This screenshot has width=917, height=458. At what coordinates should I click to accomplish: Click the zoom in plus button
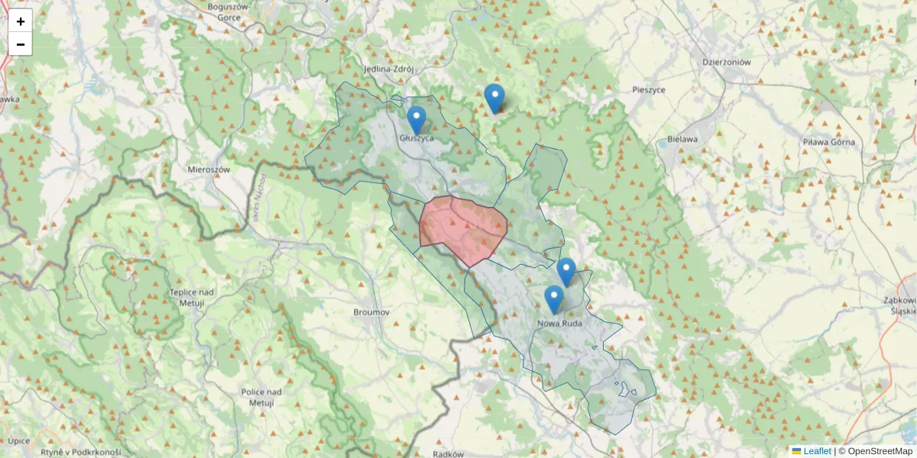coord(21,21)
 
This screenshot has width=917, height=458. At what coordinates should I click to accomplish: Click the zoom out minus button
coord(21,44)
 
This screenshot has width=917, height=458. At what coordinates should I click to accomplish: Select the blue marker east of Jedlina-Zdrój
coord(494,98)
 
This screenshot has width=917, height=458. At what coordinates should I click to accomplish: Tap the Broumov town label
coord(372,312)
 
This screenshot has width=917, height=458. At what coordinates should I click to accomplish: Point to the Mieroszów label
coord(209,169)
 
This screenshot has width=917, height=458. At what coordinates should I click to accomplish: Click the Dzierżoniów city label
coord(727,63)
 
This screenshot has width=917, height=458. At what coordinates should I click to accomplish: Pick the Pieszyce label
coord(649,89)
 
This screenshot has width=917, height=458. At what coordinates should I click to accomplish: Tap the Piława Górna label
coord(828,142)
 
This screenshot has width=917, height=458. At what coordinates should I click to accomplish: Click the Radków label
coord(448,453)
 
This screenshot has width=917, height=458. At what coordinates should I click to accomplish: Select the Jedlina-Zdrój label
coord(389,69)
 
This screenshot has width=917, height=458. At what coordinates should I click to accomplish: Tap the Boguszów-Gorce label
coord(229,11)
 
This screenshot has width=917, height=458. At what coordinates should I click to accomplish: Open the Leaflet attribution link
coord(816,451)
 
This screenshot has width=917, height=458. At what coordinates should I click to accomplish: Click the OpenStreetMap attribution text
coord(875,451)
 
